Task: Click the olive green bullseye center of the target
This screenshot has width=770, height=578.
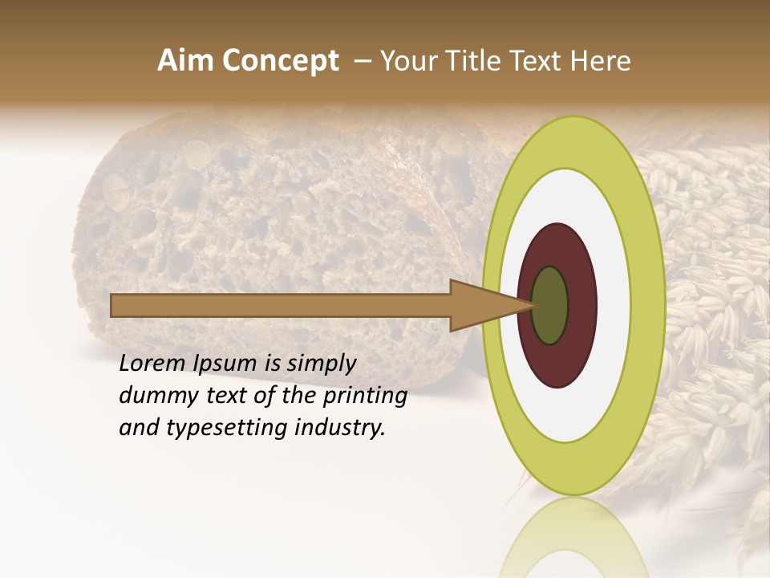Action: click(x=549, y=305)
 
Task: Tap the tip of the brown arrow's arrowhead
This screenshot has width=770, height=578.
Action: click(x=535, y=305)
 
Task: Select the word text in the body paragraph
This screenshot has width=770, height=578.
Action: click(x=233, y=397)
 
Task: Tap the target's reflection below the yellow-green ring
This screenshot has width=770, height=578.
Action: click(x=574, y=538)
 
